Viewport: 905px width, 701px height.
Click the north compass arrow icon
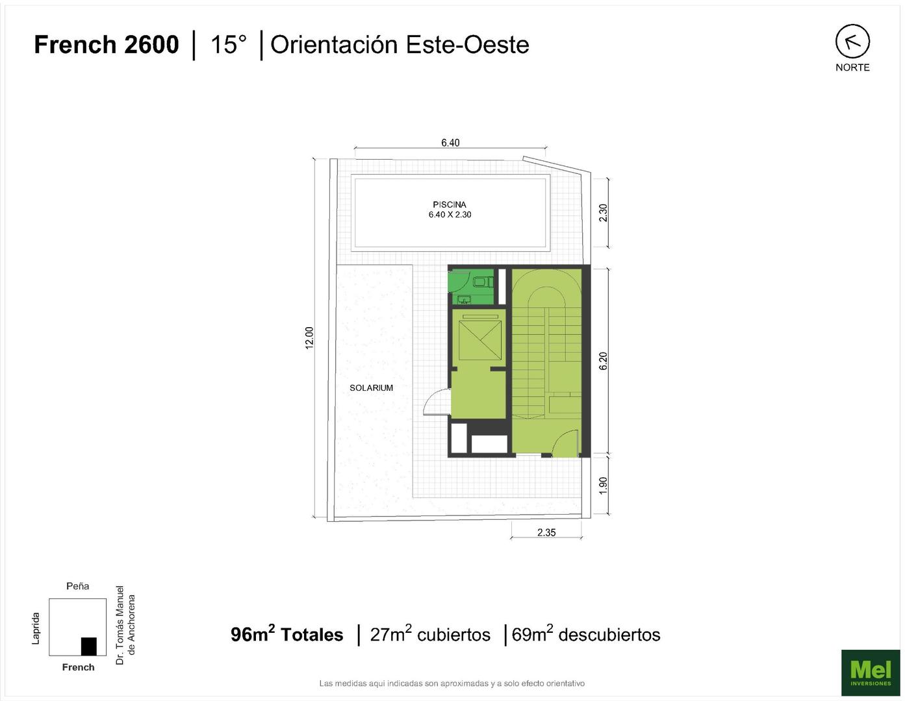852,41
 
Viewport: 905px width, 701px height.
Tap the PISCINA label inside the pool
450,204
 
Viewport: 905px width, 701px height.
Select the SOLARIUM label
371,387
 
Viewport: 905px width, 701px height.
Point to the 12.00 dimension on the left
309,338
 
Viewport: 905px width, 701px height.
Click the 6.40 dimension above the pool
450,143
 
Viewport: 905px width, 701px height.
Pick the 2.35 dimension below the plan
546,532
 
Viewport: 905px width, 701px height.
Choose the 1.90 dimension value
603,486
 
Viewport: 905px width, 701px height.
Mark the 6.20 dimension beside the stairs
603,361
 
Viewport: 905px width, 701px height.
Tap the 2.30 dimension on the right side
603,213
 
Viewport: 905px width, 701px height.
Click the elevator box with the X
479,340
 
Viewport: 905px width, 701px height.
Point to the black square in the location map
89,646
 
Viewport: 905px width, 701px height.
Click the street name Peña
77,586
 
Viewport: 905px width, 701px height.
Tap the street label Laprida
36,628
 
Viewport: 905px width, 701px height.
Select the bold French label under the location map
79,667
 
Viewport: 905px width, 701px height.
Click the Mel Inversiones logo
871,672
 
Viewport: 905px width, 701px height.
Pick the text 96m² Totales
287,633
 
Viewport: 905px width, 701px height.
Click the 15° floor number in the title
229,45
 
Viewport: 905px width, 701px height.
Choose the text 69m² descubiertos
586,633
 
